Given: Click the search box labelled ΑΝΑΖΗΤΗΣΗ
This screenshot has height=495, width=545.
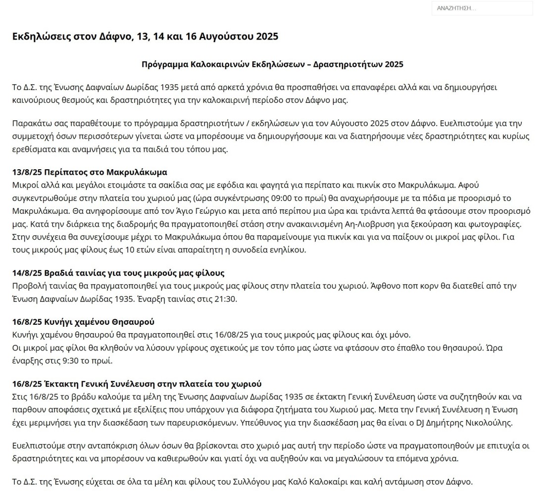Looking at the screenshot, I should pos(482,8).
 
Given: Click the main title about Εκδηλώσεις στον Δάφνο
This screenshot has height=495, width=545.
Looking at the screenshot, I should pos(145,37).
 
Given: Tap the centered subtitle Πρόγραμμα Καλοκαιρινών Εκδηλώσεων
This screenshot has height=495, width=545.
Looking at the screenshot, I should pos(272,64).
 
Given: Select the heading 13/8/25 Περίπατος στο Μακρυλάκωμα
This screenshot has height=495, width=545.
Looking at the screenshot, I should pos(90,172).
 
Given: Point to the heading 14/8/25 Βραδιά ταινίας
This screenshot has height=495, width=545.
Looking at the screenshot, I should pos(118,273).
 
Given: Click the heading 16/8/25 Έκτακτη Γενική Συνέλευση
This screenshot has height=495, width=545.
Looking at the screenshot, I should pos(137,384).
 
